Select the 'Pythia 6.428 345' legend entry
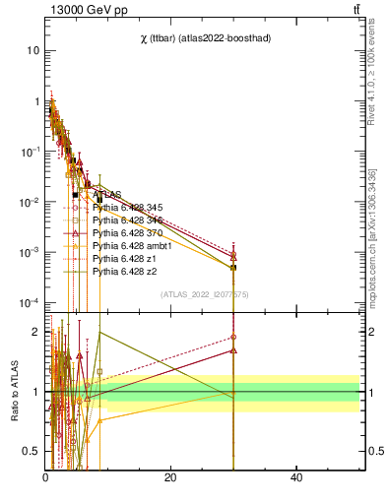[x=127, y=207]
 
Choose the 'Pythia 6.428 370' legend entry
[x=127, y=232]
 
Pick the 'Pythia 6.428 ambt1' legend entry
[x=131, y=245]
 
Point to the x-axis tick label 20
[x=170, y=477]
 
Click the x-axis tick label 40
[x=296, y=477]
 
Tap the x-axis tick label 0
[x=45, y=477]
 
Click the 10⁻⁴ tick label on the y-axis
[x=30, y=302]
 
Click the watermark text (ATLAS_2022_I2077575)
[x=205, y=293]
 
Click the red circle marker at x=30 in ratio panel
[x=233, y=337]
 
